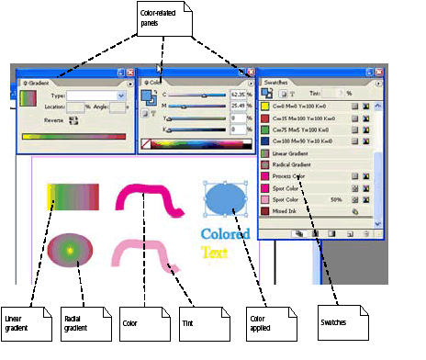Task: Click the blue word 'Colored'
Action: (x=225, y=234)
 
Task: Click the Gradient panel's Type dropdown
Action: (x=95, y=95)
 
